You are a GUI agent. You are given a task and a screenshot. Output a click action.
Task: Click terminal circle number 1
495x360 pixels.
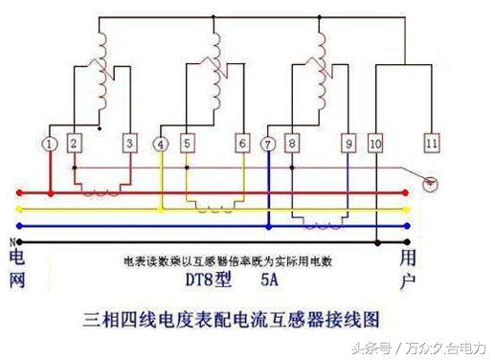coord(50,144)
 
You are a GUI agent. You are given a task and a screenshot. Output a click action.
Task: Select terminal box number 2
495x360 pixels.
coord(75,144)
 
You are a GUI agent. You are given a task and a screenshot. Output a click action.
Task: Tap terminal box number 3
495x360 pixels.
coord(131,144)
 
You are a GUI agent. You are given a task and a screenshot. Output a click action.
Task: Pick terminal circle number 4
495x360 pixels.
coord(161,144)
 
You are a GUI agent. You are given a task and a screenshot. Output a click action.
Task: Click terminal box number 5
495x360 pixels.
coord(187,144)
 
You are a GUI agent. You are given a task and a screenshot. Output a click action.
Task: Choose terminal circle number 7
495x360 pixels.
coord(269,144)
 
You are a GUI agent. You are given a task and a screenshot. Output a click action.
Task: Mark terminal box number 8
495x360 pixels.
coord(293,144)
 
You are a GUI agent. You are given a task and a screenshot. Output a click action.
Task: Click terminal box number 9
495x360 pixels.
coord(349,144)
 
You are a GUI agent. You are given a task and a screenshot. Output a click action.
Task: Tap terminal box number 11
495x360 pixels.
coord(432,144)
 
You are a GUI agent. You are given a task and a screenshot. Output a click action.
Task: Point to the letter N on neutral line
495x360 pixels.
coord(11,240)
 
